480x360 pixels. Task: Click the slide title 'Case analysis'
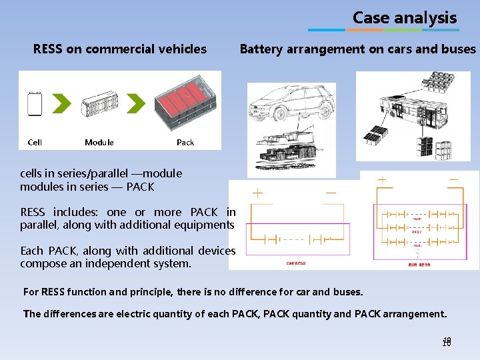404,18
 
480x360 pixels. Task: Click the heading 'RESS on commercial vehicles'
120,49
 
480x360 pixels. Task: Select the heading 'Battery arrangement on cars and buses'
358,49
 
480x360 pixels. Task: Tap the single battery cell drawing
35,105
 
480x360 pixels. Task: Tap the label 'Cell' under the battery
35,142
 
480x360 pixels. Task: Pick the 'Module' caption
99,142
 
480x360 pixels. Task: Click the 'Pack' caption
185,142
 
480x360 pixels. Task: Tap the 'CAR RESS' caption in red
295,263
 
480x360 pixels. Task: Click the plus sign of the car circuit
257,194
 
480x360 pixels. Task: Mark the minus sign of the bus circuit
453,180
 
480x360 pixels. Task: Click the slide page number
447,342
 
